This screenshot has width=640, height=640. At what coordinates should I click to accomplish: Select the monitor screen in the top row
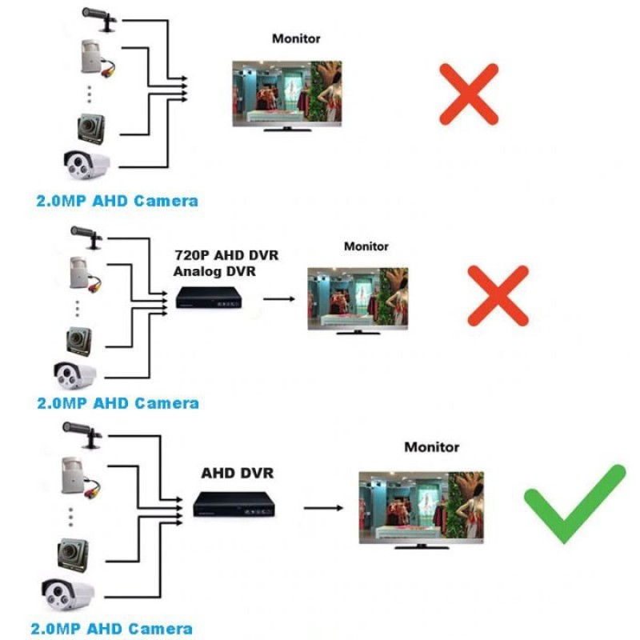pos(286,91)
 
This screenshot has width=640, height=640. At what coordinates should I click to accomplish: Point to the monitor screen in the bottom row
pos(421,505)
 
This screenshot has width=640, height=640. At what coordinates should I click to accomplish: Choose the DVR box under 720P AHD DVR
pos(210,298)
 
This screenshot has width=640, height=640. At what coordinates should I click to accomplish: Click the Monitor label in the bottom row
pos(431,447)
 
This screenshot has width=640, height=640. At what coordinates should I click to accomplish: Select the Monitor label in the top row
pos(295,38)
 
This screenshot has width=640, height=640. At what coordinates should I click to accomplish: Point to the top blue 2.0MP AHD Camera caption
pos(117,200)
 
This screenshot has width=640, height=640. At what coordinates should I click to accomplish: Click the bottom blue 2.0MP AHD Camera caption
pos(111,629)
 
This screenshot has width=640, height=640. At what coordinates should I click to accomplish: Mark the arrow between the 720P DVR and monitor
pos(279,299)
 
